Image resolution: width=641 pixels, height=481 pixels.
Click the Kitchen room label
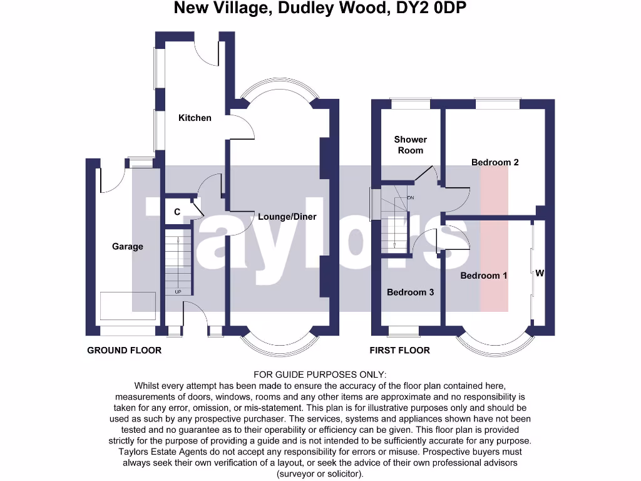tap(195, 118)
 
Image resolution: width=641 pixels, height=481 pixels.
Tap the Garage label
tap(128, 246)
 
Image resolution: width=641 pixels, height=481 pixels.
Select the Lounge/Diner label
tap(287, 217)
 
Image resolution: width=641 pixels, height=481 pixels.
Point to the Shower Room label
tap(411, 145)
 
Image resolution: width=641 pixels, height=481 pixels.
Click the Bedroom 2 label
tap(495, 162)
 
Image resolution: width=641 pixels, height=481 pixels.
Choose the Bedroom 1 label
tap(484, 276)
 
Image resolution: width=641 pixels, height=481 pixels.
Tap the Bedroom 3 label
tap(410, 292)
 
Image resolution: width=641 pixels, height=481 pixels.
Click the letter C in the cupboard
tap(177, 212)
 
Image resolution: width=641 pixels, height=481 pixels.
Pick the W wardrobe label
tap(540, 273)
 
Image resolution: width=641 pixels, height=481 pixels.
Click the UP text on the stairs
tap(178, 292)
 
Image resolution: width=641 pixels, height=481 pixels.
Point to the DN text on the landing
tap(411, 198)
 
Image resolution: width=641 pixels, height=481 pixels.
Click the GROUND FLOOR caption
tap(125, 350)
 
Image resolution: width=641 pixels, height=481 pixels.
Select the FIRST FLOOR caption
tap(400, 350)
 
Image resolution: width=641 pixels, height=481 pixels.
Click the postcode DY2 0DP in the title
tap(431, 8)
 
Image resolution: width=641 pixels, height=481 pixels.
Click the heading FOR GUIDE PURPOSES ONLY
tap(320, 375)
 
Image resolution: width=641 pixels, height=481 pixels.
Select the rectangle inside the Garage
tap(128, 306)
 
